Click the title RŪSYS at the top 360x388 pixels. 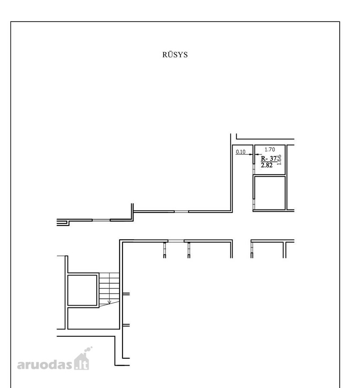click(x=175, y=54)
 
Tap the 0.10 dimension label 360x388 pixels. click(x=240, y=152)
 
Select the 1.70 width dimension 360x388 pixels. click(x=269, y=150)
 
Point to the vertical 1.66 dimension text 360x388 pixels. click(x=279, y=160)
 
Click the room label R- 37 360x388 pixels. click(x=268, y=158)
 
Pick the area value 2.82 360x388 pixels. click(x=267, y=165)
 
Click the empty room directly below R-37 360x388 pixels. click(x=270, y=193)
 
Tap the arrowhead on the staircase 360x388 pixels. click(x=109, y=302)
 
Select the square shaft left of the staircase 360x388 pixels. click(x=82, y=290)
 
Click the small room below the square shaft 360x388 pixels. click(x=93, y=318)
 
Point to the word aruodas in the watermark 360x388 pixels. click(x=44, y=364)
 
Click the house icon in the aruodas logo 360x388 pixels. click(x=82, y=362)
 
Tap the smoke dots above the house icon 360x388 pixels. click(x=88, y=349)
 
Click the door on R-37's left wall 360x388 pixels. click(x=254, y=169)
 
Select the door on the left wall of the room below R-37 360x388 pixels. click(x=254, y=204)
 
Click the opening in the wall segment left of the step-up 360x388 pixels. click(x=101, y=220)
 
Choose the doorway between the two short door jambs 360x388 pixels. click(x=176, y=241)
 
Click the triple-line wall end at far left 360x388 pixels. click(x=62, y=222)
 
